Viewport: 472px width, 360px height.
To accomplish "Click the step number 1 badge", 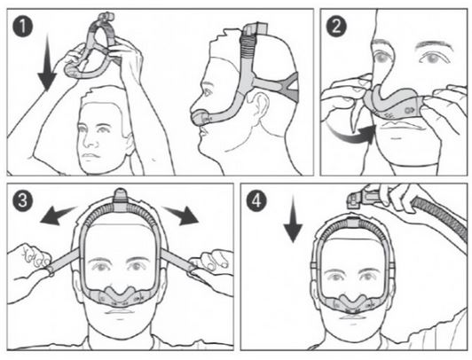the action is point(22,27).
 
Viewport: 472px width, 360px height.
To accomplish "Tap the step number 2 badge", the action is point(336,27).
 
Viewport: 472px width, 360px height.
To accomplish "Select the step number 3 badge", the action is point(23,201).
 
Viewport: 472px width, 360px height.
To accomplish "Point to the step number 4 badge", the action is point(256,201).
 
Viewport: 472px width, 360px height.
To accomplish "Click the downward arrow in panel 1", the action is point(47,62).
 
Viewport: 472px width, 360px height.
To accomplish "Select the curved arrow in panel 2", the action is point(352,135).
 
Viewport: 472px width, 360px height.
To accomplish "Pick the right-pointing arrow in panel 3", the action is point(182,215).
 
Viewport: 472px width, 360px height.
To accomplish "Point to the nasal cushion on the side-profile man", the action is point(200,118).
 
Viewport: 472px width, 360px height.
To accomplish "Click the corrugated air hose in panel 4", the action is point(439,216).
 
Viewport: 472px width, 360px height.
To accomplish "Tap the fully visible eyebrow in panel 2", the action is point(434,45).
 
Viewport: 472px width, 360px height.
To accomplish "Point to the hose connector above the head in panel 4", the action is point(362,200).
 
